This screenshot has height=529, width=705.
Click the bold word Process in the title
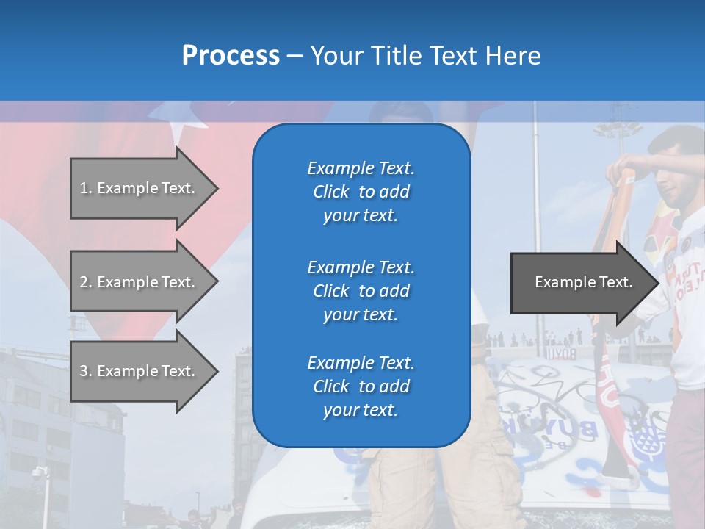pyautogui.click(x=231, y=56)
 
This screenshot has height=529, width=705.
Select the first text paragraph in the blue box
pyautogui.click(x=361, y=192)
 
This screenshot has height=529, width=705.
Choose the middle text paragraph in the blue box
pyautogui.click(x=361, y=290)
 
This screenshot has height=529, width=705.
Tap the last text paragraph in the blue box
pyautogui.click(x=361, y=386)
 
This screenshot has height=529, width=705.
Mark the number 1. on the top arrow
pyautogui.click(x=86, y=188)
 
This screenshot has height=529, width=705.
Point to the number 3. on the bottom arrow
pyautogui.click(x=86, y=371)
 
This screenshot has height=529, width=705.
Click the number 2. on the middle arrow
pyautogui.click(x=86, y=282)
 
